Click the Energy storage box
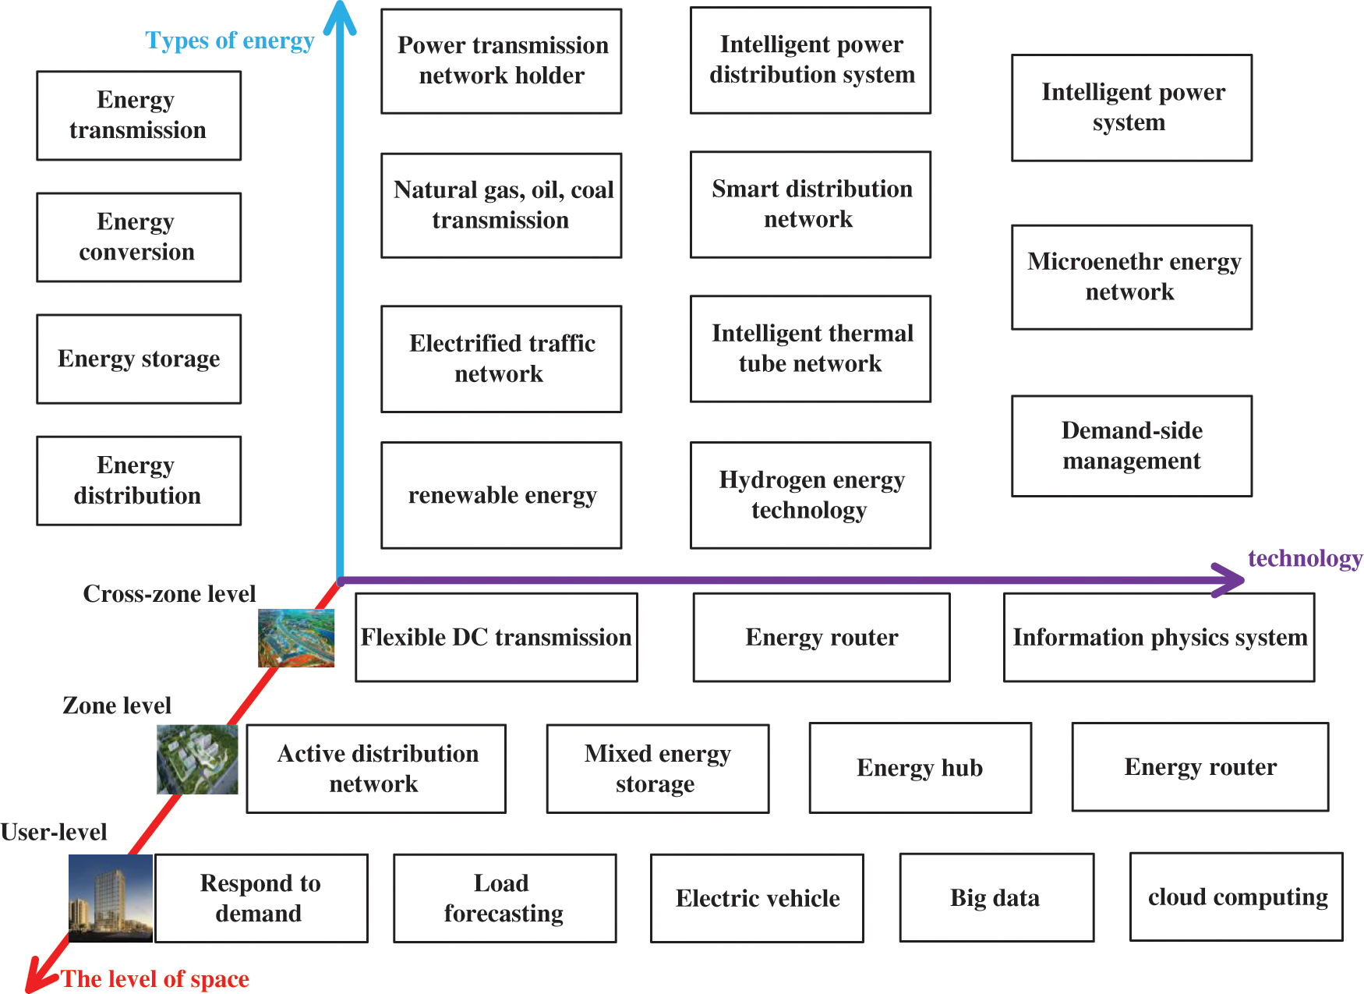coord(139,359)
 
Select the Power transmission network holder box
coord(501,61)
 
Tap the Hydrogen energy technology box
coord(811,495)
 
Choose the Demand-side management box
coord(1132,446)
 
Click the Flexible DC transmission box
coord(496,638)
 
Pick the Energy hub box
coord(921,768)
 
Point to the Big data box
coord(996,898)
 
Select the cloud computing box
coord(1236,897)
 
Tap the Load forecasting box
coord(504,898)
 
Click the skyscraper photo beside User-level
coord(111,898)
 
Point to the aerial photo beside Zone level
coord(197,759)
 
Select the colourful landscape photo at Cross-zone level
coord(296,638)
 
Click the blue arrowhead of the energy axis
coord(340,17)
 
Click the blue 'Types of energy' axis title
coord(230,41)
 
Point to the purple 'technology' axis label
coord(1305,558)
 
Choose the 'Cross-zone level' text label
coord(169,594)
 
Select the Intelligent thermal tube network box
coord(811,348)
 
